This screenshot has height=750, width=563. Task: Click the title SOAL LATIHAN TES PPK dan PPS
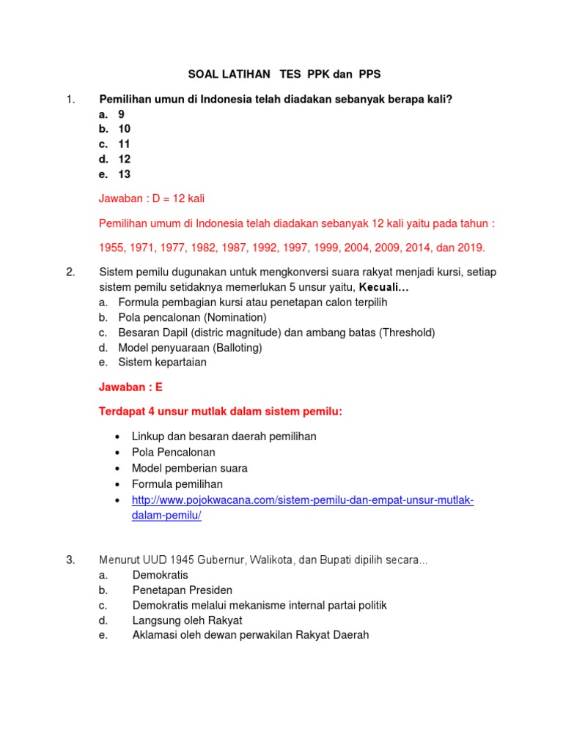284,75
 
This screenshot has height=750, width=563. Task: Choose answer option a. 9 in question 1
111,114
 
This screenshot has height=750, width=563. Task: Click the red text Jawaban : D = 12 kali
157,198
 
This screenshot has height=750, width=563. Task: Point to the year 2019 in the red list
469,248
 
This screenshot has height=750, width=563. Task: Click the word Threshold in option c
406,333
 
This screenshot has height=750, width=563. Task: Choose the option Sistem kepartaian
162,362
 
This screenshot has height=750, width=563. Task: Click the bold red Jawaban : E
130,387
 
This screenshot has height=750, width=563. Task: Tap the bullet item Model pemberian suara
189,468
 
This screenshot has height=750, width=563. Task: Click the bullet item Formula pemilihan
177,484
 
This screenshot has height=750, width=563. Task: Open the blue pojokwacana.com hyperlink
302,500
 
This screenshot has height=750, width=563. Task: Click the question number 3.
70,560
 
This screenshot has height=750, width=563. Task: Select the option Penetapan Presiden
182,590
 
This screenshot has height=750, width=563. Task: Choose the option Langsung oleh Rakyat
187,620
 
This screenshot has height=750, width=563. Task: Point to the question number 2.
70,272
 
